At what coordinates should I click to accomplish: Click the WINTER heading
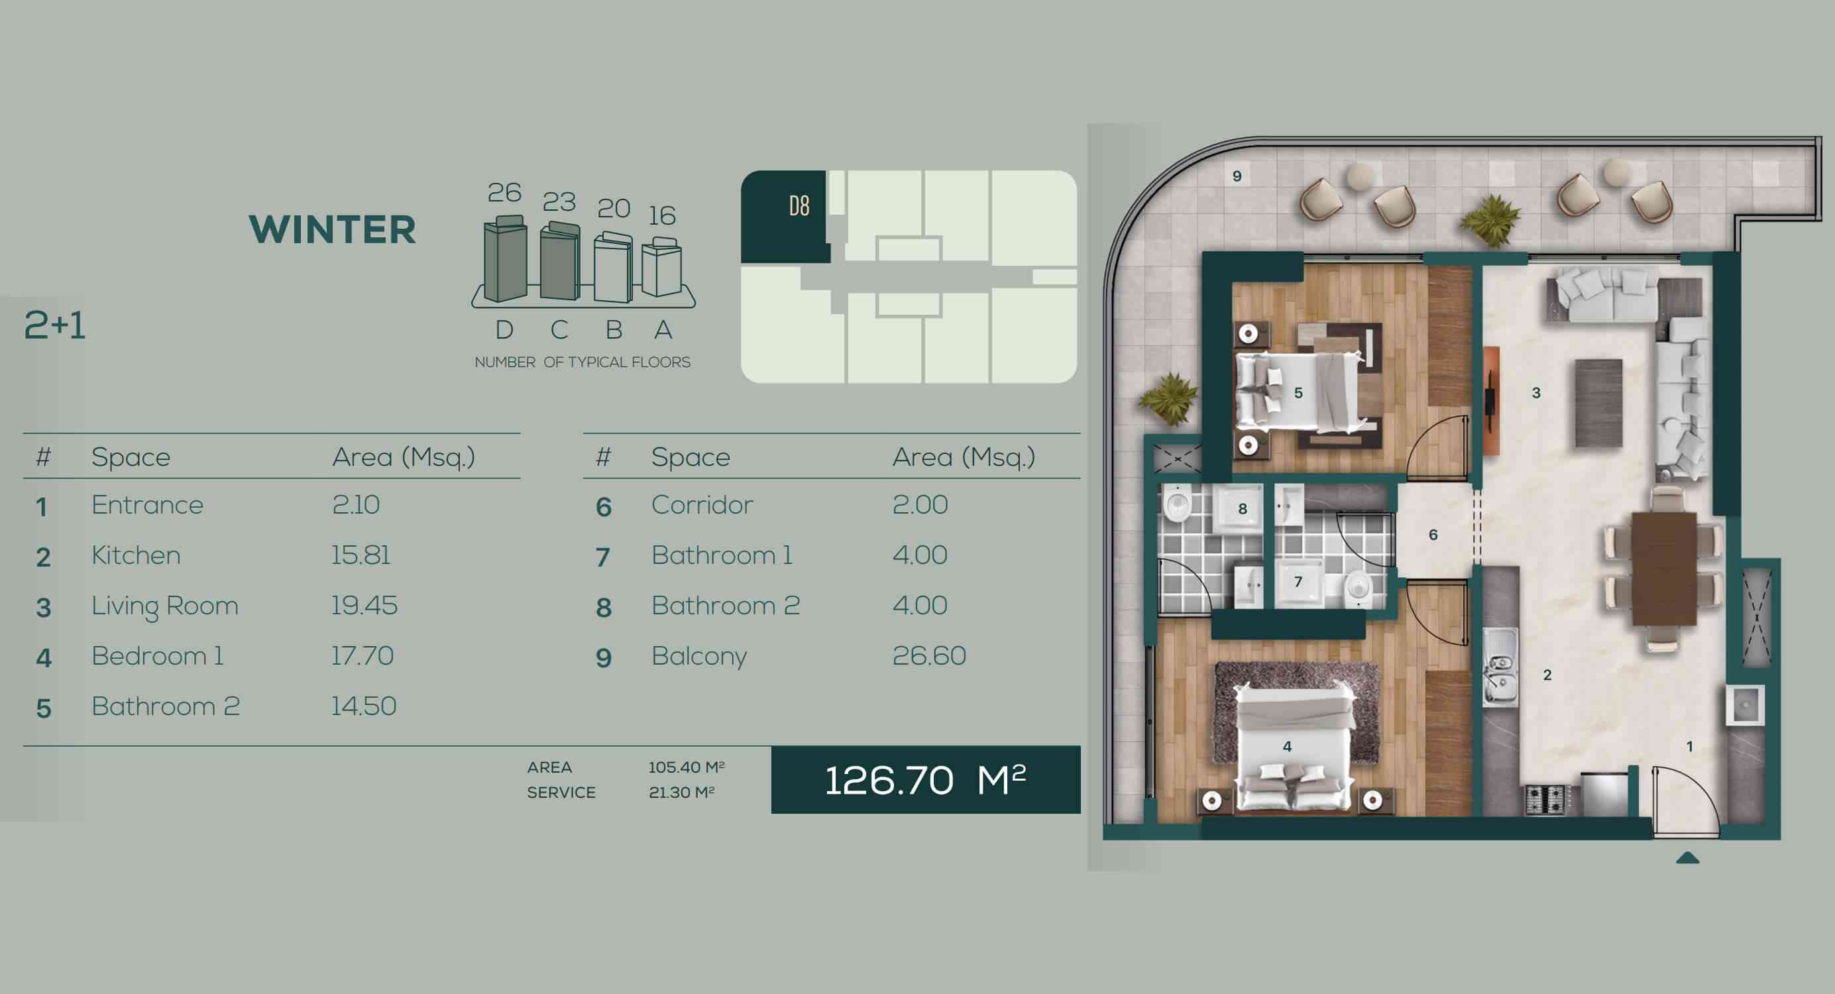point(332,229)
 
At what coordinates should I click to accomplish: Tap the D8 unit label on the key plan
point(799,206)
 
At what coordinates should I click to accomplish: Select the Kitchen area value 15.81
point(361,555)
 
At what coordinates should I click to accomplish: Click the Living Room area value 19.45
point(364,606)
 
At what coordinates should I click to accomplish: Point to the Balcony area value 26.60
point(929,655)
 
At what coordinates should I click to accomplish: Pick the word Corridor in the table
point(702,504)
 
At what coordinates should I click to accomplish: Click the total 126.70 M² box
point(925,779)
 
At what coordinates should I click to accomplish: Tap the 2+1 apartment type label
point(55,325)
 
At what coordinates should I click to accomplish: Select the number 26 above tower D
point(504,192)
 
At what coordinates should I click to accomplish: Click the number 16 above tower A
point(662,215)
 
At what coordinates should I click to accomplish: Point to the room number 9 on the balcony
point(1237,176)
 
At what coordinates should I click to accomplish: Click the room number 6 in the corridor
point(1433,534)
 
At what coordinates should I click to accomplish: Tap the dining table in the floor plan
point(1665,569)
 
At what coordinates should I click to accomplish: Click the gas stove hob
point(1545,799)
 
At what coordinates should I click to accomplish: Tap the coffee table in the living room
point(1599,403)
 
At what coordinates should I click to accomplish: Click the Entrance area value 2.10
point(355,504)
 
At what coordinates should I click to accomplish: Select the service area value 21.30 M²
point(682,793)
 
